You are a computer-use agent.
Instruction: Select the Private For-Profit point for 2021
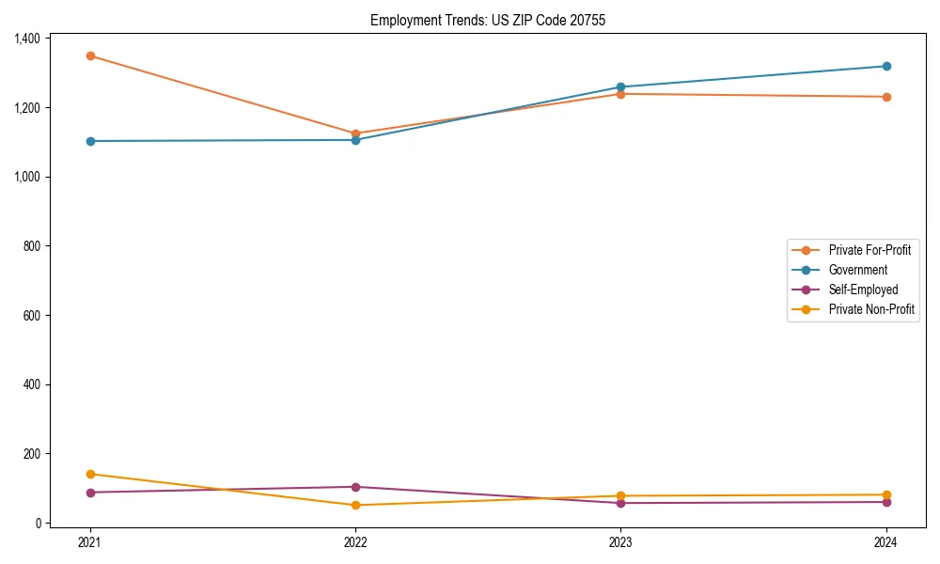(90, 56)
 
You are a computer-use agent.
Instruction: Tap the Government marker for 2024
(885, 67)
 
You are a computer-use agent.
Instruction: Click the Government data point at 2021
(90, 141)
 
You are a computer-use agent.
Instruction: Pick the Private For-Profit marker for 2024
(885, 97)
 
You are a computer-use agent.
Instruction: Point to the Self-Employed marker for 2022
(355, 487)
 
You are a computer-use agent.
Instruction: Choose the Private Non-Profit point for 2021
(90, 474)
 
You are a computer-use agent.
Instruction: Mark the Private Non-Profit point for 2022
(355, 506)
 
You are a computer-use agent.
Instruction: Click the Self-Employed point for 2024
(885, 502)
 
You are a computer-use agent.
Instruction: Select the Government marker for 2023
(620, 87)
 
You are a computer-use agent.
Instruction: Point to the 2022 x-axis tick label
(355, 542)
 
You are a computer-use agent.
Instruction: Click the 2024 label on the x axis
(885, 542)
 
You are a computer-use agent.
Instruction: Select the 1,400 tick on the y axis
(27, 39)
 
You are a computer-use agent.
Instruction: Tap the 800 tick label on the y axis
(33, 246)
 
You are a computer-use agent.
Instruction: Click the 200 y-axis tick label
(33, 454)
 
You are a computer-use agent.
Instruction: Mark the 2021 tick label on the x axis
(90, 542)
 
